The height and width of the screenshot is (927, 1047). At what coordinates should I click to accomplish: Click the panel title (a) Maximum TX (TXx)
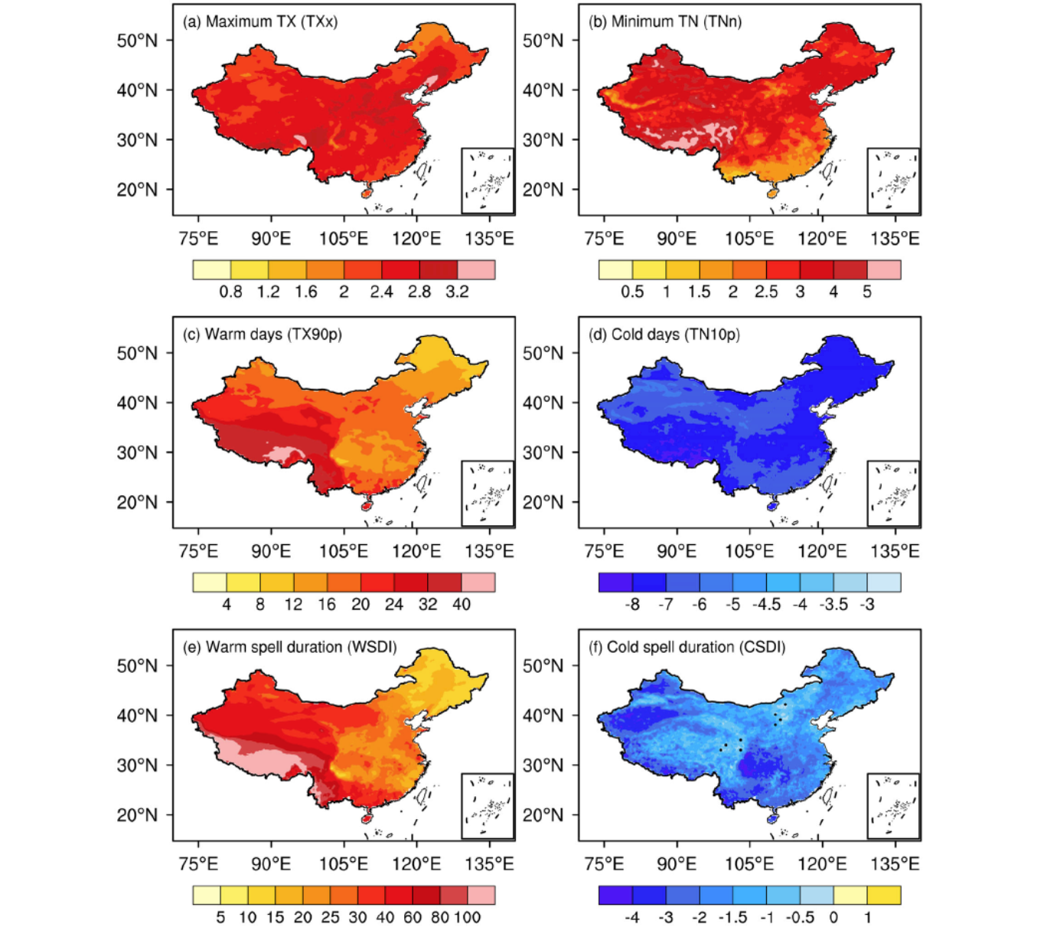[x=259, y=21]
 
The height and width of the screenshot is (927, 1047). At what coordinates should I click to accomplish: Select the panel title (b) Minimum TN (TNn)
[x=664, y=21]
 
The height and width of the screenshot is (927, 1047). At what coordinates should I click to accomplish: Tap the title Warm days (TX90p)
[x=262, y=335]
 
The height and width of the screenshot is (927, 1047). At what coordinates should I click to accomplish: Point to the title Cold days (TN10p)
[x=664, y=335]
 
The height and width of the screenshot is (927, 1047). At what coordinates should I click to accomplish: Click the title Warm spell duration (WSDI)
[x=289, y=647]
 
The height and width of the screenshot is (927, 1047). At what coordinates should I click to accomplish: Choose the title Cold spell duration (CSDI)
[x=687, y=647]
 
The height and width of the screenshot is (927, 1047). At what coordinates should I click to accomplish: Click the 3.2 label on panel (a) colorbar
[x=457, y=292]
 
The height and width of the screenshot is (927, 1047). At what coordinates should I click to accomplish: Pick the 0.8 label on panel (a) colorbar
[x=230, y=292]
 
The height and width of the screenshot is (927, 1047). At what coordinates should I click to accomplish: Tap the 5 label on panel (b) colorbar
[x=867, y=292]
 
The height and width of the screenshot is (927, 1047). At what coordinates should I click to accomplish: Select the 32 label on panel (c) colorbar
[x=428, y=604]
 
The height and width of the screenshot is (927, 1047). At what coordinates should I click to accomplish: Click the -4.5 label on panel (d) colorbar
[x=766, y=604]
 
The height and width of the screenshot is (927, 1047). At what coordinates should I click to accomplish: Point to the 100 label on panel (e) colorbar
[x=467, y=917]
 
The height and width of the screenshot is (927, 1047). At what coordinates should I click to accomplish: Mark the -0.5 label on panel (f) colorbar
[x=800, y=917]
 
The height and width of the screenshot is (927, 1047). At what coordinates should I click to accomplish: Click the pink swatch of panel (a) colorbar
[x=476, y=269]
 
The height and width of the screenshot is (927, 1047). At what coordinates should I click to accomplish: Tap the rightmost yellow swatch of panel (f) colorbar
[x=884, y=895]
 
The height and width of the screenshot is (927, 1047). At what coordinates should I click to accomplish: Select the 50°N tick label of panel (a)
[x=137, y=41]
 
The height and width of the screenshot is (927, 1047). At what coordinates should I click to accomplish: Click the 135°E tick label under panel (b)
[x=895, y=239]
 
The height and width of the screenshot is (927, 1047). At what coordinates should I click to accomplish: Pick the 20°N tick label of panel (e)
[x=137, y=815]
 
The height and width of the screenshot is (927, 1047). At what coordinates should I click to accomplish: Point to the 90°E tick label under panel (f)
[x=677, y=864]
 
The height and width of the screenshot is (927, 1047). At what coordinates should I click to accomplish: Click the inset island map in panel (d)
[x=893, y=493]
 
